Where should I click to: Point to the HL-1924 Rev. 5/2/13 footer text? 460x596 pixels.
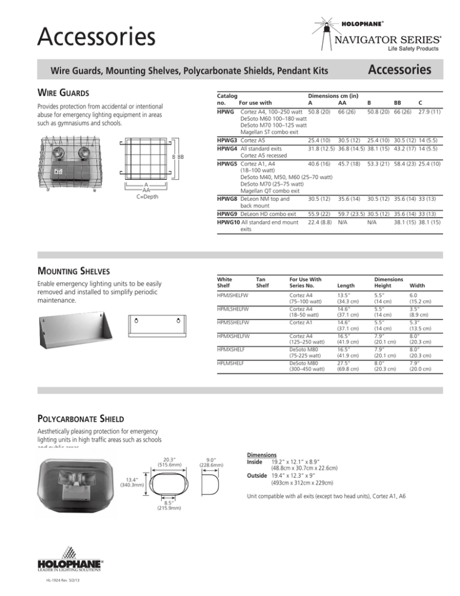[61, 582]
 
